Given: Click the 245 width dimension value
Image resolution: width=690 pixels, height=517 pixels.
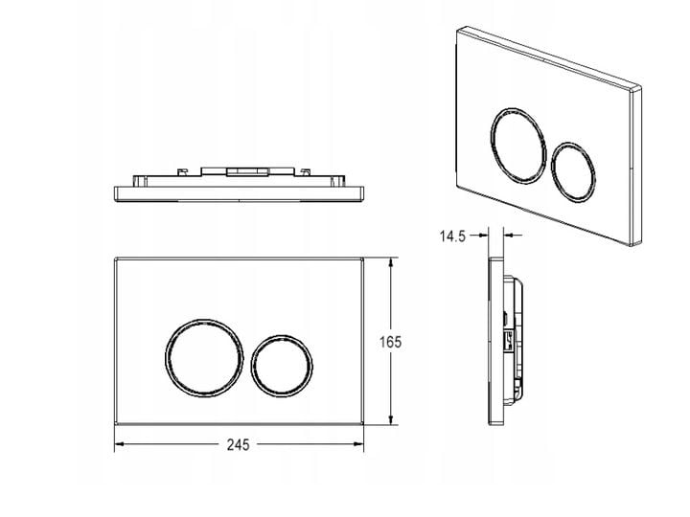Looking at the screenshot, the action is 238,445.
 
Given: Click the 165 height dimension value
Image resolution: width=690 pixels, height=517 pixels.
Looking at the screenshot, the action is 390,342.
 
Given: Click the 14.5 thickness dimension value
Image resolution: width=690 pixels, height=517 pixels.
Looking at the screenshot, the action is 452,236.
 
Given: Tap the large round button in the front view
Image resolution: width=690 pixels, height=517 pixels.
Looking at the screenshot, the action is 204,319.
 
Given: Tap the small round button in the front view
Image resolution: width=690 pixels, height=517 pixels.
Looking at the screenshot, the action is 282,336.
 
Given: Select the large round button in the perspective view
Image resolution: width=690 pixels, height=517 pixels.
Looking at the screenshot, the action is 519,108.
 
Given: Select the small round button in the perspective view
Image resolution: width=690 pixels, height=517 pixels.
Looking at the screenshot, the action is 573,143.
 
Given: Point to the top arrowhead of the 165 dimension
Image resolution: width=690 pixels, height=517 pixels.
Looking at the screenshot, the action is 390,262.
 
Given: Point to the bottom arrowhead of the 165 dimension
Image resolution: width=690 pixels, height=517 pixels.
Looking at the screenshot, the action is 390,420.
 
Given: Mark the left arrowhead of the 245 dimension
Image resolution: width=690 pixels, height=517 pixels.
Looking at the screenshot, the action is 120,444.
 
